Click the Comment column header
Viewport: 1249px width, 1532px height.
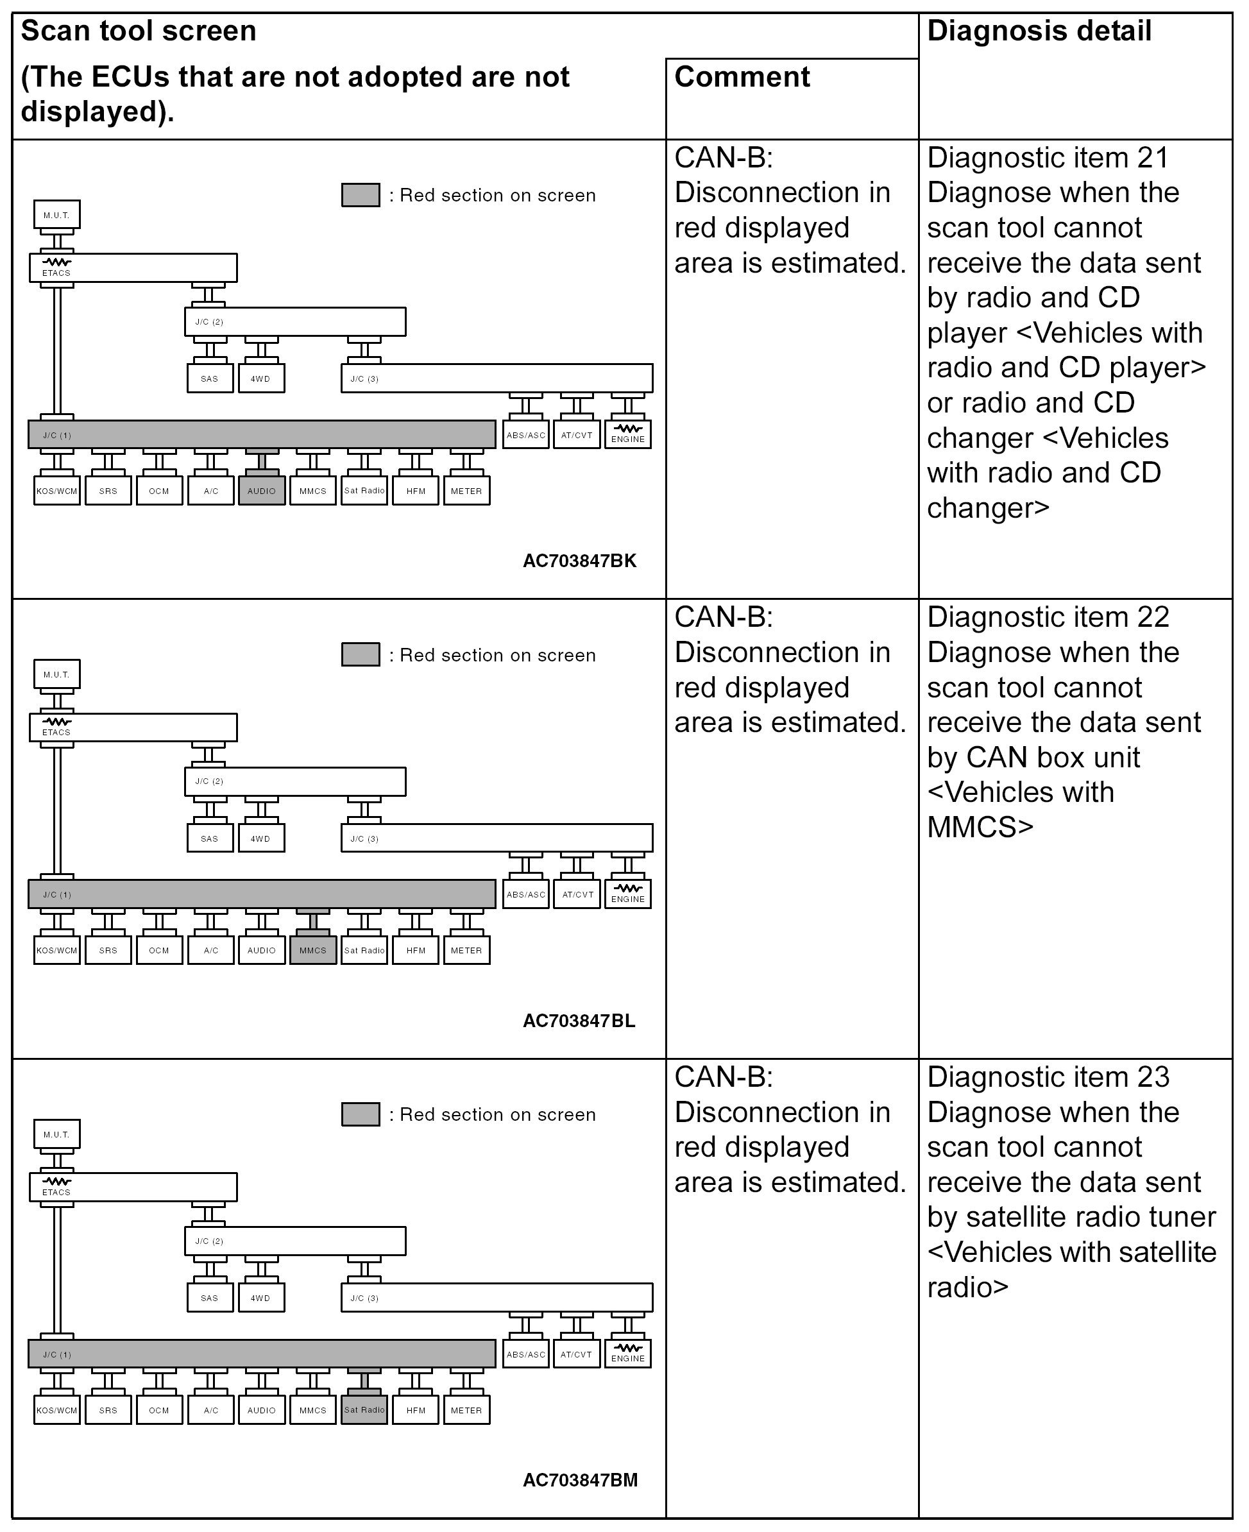pos(742,77)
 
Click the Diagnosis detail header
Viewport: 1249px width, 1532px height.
pos(1039,31)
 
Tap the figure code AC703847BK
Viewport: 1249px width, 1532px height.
pos(579,561)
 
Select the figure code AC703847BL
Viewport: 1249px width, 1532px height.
pos(579,1021)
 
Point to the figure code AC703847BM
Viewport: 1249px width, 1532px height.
pos(579,1480)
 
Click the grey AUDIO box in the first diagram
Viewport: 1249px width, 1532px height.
pos(262,491)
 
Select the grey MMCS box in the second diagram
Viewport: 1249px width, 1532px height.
pos(313,950)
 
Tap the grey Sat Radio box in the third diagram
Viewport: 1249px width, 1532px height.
pos(364,1409)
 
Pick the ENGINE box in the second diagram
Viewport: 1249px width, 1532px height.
pos(628,894)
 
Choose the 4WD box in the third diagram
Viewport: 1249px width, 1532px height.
pos(261,1298)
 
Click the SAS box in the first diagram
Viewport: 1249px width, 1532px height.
pos(210,379)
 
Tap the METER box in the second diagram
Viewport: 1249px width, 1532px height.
pos(466,950)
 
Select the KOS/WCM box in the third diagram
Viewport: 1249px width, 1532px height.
pos(57,1409)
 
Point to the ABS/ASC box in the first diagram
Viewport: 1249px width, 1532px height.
pos(526,434)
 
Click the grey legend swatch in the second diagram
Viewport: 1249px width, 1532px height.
pos(361,655)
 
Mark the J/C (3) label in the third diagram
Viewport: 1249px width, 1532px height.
pos(364,1298)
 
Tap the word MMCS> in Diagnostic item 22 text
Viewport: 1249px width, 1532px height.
pos(980,828)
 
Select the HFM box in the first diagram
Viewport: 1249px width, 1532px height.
pos(416,491)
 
